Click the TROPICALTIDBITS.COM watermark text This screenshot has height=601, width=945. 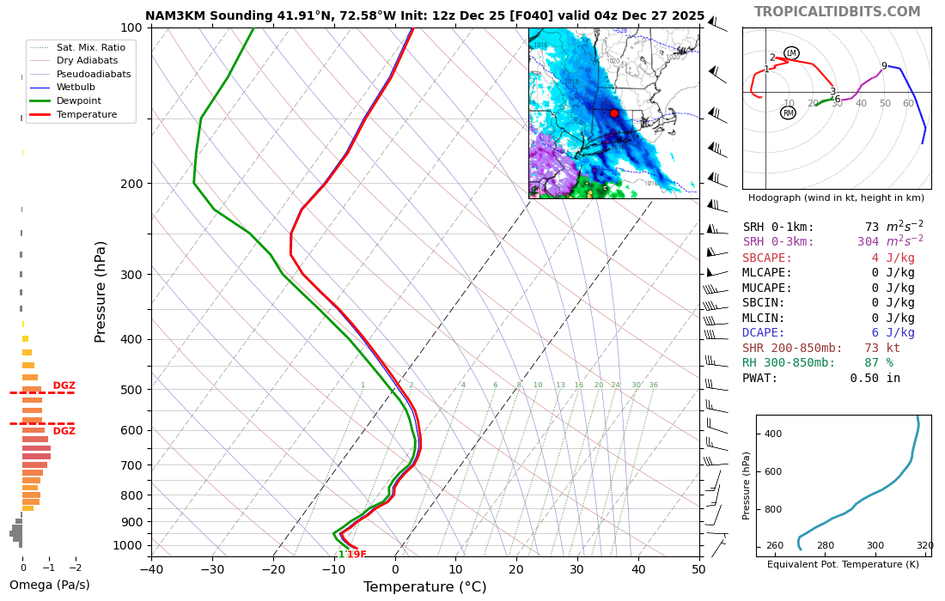tap(837, 12)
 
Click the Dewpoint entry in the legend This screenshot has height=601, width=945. tap(79, 100)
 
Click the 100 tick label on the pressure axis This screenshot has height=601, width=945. tap(131, 27)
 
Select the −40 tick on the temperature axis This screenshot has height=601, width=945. tap(151, 568)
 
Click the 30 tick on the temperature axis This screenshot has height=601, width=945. tap(576, 568)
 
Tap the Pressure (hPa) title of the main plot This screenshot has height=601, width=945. tap(101, 292)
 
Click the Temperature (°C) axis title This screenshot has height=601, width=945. tap(424, 587)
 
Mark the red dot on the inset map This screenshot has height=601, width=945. tap(613, 113)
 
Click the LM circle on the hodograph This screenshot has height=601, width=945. tap(791, 53)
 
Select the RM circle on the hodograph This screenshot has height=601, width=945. tap(788, 112)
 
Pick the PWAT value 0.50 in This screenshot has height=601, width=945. tap(875, 378)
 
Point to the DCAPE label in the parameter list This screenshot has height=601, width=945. tap(764, 333)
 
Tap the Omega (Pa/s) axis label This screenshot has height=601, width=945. tap(49, 586)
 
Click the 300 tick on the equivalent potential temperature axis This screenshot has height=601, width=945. tap(875, 546)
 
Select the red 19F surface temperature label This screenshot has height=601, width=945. tap(357, 555)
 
